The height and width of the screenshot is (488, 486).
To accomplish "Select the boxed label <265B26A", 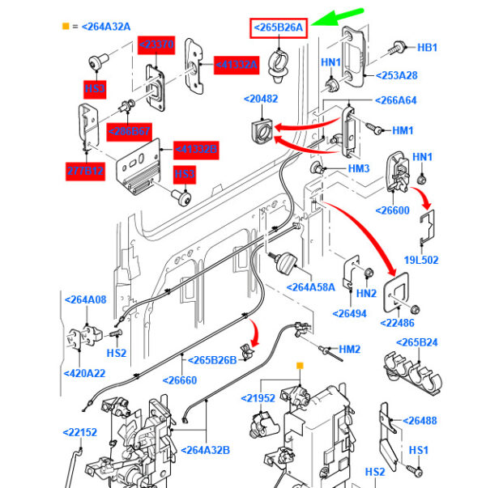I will [278, 28].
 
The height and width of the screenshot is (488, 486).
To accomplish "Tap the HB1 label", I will [427, 48].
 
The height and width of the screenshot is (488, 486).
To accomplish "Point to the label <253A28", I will [396, 75].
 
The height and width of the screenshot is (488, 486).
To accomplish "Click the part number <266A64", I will [394, 101].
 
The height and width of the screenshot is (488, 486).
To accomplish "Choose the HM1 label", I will [403, 130].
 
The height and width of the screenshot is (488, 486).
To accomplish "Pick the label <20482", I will [261, 100].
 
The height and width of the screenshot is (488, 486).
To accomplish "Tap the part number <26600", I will [394, 210].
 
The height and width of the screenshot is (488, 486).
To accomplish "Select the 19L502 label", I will [421, 260].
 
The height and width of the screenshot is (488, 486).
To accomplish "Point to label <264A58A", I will [311, 287].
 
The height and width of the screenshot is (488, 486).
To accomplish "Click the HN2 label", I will [367, 293].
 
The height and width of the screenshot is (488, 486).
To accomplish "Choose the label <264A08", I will [85, 300].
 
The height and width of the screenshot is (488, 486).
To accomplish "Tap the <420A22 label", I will [85, 373].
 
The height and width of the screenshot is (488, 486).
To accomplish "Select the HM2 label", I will [349, 349].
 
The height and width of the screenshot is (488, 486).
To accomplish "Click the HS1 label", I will [419, 450].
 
